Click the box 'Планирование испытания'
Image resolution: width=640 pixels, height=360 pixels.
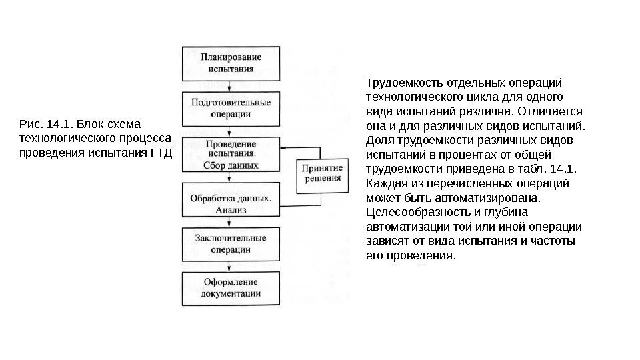[230, 62]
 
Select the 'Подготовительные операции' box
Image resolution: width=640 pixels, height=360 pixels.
[230, 108]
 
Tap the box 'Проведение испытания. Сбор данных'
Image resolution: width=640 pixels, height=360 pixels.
[230, 155]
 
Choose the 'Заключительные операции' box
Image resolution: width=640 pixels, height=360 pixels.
[230, 244]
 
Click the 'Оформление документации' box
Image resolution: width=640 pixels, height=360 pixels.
[230, 288]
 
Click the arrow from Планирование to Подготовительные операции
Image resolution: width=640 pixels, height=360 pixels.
[230, 85]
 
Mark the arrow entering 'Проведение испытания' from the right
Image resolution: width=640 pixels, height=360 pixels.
[287, 147]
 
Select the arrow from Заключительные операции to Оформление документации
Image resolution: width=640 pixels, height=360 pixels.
[230, 266]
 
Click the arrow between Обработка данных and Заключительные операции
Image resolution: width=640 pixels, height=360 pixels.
[230, 223]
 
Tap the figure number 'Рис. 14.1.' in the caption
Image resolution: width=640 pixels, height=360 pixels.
[46, 125]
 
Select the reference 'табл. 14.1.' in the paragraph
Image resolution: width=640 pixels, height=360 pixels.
[556, 169]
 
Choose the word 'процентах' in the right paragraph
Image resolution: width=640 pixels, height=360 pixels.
[450, 155]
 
